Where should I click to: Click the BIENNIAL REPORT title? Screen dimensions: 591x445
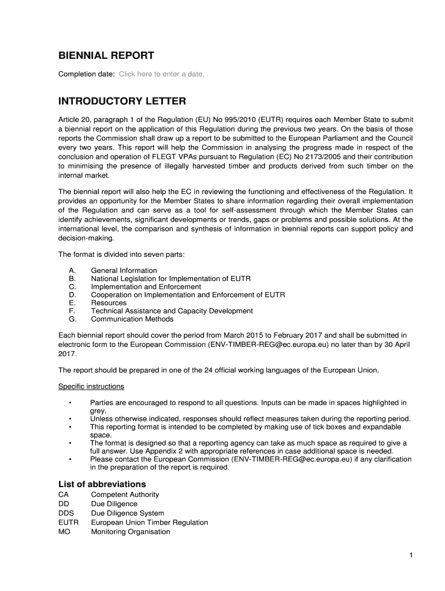tap(106, 56)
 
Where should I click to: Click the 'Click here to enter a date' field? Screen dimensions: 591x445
tap(161, 74)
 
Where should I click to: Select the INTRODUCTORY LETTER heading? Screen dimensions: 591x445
tap(122, 102)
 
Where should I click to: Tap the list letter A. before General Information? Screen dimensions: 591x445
tap(72, 271)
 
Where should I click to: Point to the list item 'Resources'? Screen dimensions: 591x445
tap(109, 303)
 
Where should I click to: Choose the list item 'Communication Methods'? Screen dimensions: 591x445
tap(132, 319)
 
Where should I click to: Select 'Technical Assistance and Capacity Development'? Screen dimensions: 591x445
tap(172, 311)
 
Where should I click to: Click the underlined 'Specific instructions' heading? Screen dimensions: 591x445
tap(91, 387)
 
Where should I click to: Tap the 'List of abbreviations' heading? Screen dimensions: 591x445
tap(102, 484)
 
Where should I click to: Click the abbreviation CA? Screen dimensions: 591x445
tap(64, 495)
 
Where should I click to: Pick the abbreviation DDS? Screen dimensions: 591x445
tap(66, 513)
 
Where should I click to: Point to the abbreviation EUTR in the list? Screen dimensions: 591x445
tap(68, 522)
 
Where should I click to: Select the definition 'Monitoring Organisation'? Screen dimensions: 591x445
tap(131, 532)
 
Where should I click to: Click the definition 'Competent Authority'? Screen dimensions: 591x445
tap(125, 495)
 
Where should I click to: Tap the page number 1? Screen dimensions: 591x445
tap(410, 556)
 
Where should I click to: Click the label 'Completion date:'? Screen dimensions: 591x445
tap(86, 74)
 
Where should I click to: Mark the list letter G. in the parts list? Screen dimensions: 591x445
tap(72, 319)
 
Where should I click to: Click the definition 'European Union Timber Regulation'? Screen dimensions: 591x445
tap(149, 522)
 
